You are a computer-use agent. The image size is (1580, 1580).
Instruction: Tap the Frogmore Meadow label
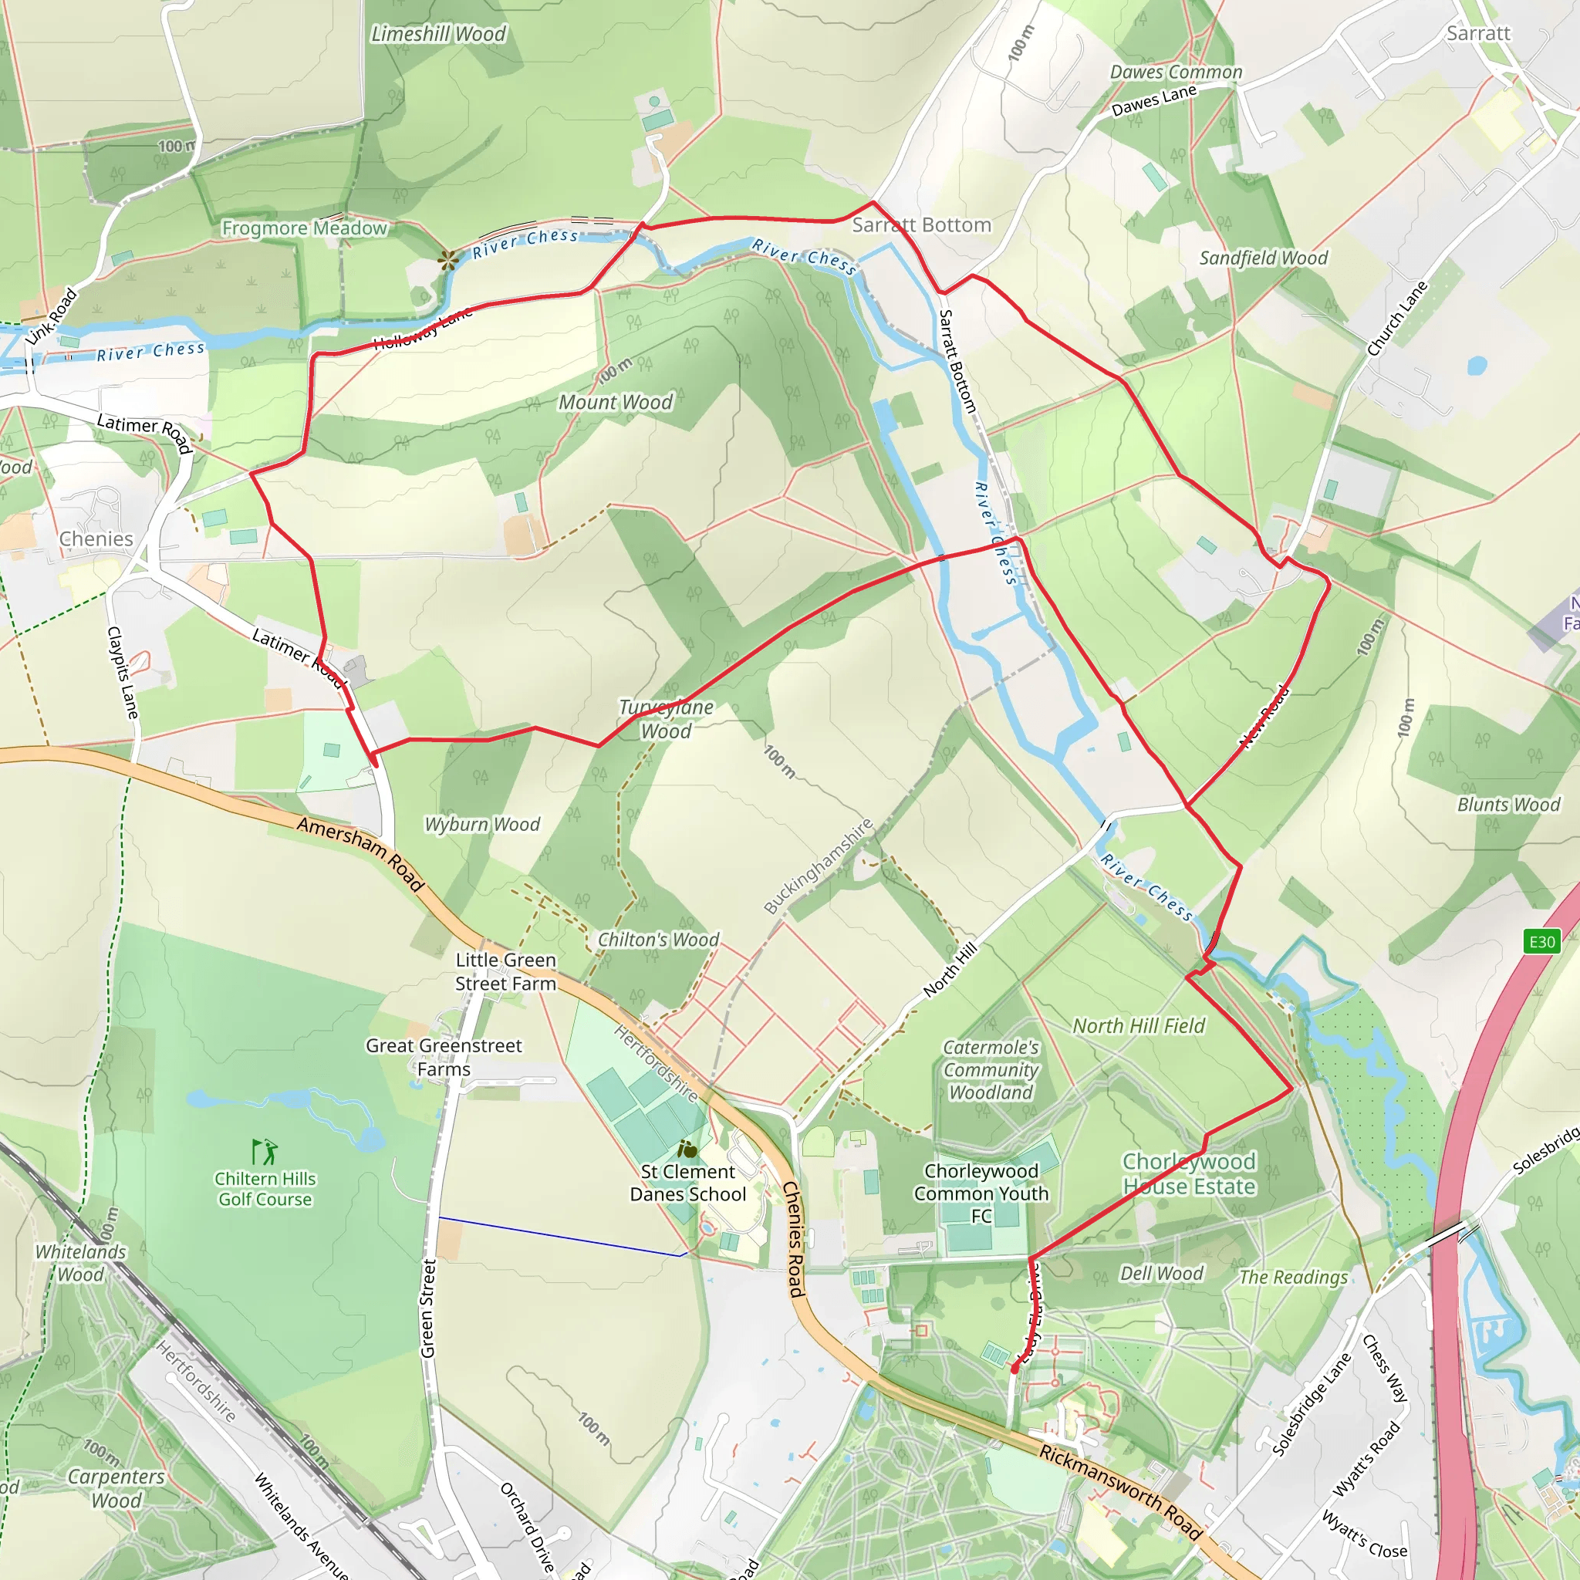pos(304,228)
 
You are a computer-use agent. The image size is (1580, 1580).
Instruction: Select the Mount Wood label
pos(615,403)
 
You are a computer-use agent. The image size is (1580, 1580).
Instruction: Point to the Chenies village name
pos(96,539)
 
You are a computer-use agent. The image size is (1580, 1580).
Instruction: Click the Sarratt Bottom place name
pos(921,225)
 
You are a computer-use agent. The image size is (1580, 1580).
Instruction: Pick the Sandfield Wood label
pos(1263,258)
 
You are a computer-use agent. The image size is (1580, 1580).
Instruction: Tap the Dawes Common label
pos(1175,72)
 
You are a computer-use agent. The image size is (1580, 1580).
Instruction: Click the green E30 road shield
pos(1541,941)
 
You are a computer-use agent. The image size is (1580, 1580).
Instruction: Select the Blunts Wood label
pos(1508,805)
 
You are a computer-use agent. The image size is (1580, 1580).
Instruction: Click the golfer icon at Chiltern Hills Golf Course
pos(265,1153)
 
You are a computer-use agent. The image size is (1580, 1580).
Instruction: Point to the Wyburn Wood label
pos(481,825)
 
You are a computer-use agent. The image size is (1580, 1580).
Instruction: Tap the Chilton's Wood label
pos(658,940)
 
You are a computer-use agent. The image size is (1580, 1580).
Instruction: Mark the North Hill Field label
pos(1139,1025)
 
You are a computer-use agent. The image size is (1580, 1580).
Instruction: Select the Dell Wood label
pos(1161,1273)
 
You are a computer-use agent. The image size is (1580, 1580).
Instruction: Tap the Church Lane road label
pos(1397,318)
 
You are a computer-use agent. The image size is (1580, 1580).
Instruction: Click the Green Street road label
pos(427,1308)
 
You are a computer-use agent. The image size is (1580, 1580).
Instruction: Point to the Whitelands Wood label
pos(80,1263)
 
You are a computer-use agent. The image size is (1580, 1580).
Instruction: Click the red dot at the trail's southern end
pos(1014,1368)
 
